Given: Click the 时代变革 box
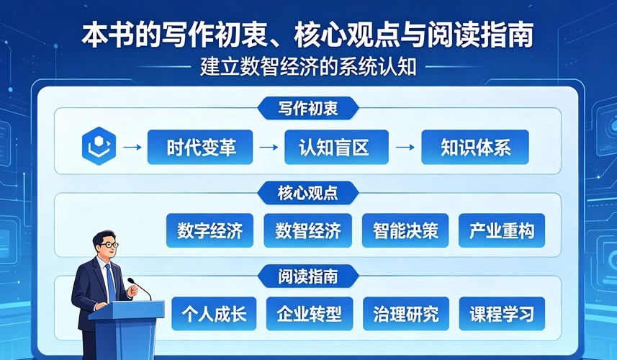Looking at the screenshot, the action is (x=200, y=147).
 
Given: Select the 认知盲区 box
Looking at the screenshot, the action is (x=336, y=147).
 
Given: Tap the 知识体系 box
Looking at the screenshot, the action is (x=475, y=147).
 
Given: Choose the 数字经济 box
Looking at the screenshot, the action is (x=210, y=230).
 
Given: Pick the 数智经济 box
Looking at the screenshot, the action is (x=307, y=230).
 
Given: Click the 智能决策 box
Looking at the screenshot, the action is (x=405, y=230).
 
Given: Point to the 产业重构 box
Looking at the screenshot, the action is (x=502, y=230).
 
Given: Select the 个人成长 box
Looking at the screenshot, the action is (x=214, y=314).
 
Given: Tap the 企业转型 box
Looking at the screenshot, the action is (x=310, y=314).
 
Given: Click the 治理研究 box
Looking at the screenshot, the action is (x=406, y=314).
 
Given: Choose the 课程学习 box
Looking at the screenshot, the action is (x=502, y=314).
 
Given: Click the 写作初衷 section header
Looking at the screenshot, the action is (x=308, y=108).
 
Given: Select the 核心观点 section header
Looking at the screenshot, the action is (x=308, y=193).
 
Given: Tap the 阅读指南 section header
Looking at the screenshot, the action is (x=308, y=276).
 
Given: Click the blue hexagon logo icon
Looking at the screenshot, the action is (x=99, y=146).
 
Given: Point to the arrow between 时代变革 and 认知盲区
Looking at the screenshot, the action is (x=269, y=147).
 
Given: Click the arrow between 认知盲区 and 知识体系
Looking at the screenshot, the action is (x=405, y=147).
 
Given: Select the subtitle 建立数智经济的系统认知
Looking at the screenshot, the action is (x=308, y=66).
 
